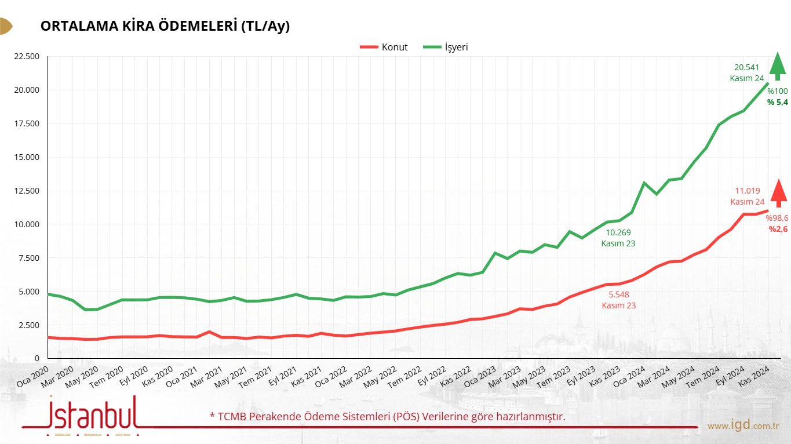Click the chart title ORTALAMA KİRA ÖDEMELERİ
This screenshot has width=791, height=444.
click(x=165, y=27)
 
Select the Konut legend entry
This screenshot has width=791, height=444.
click(x=384, y=48)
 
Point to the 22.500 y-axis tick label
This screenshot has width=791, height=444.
click(x=25, y=56)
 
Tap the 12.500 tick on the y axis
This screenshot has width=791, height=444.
click(x=25, y=191)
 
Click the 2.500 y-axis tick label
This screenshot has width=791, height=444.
click(x=28, y=325)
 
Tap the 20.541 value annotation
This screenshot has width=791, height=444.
click(x=747, y=67)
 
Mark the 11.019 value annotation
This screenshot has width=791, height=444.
click(x=747, y=191)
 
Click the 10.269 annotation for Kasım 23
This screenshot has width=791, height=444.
click(x=618, y=233)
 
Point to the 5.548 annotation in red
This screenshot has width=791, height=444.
click(x=618, y=294)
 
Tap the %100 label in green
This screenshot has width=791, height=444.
click(x=778, y=91)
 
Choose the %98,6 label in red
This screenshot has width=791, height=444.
click(x=777, y=218)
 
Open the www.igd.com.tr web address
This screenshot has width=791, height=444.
click(x=743, y=426)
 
